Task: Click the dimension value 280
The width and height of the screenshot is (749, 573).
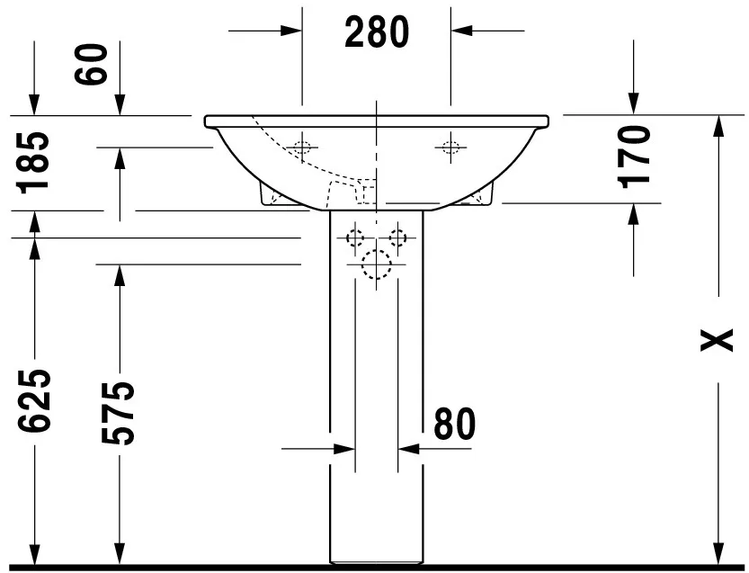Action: coord(377,32)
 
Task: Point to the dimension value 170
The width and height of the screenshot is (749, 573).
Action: coord(634,155)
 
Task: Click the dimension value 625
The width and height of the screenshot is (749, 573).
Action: coord(36,400)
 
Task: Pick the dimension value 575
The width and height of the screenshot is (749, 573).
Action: coord(118,413)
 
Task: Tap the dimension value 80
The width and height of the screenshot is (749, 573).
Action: coord(453,424)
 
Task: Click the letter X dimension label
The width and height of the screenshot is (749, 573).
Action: coord(717,341)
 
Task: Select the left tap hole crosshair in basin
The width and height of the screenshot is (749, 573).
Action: coord(303,147)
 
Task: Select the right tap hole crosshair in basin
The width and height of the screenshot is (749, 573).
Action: coord(449,147)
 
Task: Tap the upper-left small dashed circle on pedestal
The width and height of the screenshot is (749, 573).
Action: coord(355,237)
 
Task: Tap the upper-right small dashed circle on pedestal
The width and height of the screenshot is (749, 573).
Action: coord(397,237)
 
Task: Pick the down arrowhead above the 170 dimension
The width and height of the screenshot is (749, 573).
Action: coord(634,103)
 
